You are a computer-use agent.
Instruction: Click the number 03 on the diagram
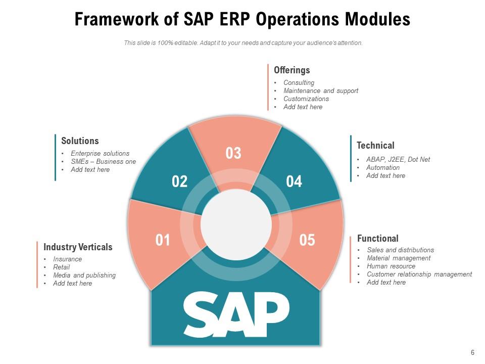pos(233,153)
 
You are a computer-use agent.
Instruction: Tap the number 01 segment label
pos(163,240)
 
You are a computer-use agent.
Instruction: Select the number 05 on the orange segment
pos(307,240)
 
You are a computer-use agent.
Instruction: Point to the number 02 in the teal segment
pos(180,181)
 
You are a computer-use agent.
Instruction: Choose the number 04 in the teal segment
pos(294,181)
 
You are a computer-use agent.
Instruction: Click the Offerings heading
pos(292,70)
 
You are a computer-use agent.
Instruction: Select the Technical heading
pos(375,146)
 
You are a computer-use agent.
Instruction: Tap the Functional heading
pos(377,238)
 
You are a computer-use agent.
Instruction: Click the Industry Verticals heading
pos(78,247)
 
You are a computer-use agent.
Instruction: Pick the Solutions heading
pos(80,141)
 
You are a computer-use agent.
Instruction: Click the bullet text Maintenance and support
pos(321,91)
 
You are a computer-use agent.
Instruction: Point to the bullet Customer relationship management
pos(419,275)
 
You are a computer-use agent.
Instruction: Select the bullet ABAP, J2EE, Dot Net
pos(398,160)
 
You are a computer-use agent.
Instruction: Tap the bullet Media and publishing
pos(84,276)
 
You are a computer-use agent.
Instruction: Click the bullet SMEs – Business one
pos(104,162)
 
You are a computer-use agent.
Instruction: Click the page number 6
pos(472,353)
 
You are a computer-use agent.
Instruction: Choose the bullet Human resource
pos(391,266)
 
